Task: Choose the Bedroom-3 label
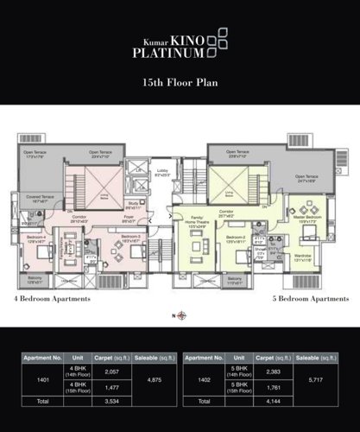[x=130, y=237]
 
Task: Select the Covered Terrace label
[x=40, y=199]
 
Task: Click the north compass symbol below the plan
[x=180, y=316]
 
